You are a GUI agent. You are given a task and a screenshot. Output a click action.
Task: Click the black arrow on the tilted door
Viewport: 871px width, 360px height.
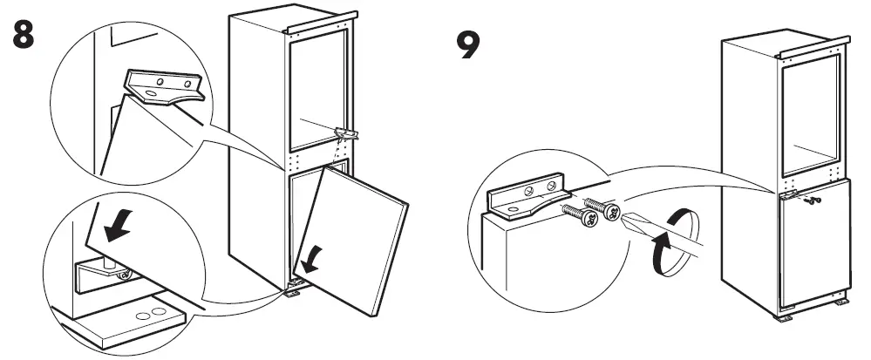[x=309, y=257]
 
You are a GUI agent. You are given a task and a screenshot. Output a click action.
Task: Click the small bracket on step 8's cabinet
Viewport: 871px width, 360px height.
[x=347, y=132]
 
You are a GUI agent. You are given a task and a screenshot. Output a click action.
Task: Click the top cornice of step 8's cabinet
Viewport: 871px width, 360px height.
[x=319, y=24]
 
